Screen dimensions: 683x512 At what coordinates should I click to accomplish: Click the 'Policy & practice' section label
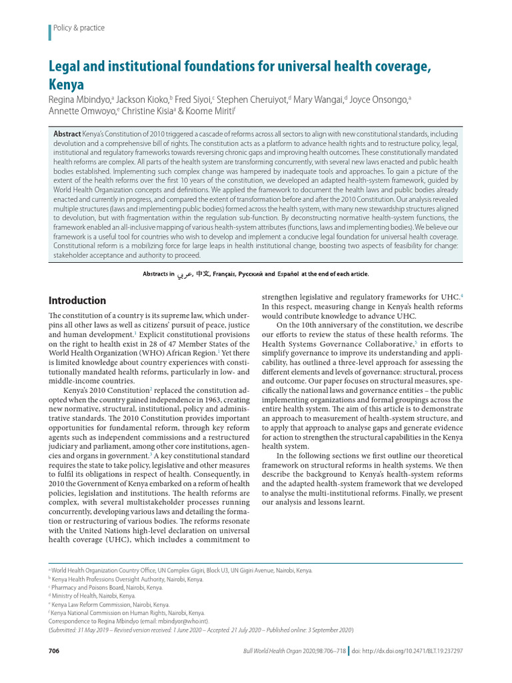pyautogui.click(x=79, y=28)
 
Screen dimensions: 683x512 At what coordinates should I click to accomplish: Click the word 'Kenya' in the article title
pyautogui.click(x=67, y=85)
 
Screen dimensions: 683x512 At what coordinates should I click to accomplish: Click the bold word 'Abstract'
pyautogui.click(x=67, y=134)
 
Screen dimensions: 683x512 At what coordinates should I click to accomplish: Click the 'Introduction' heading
pyautogui.click(x=77, y=300)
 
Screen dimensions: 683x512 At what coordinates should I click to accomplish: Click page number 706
pyautogui.click(x=55, y=650)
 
